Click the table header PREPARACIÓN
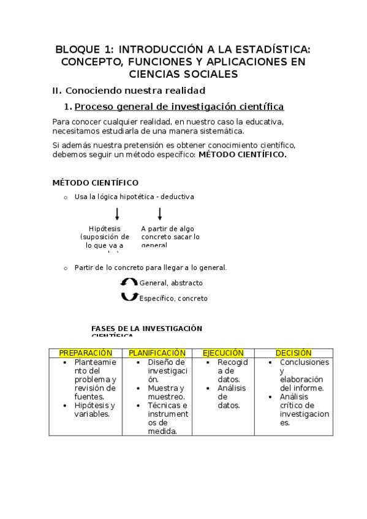pos(86,353)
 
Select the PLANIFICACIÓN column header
pos(157,353)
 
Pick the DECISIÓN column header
pos(293,353)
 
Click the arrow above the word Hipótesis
pos(117,214)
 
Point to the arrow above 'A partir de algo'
pos(160,214)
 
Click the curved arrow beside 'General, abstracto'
pos(129,283)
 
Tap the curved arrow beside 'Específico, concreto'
pos(129,297)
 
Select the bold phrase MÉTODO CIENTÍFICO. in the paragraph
pos(243,155)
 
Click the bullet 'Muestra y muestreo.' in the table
pos(165,392)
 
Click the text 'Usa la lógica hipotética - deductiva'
pos(134,197)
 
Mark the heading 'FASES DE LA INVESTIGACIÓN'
pos(146,328)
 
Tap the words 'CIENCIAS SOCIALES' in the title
pos(183,74)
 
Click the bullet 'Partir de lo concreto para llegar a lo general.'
pos(150,267)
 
